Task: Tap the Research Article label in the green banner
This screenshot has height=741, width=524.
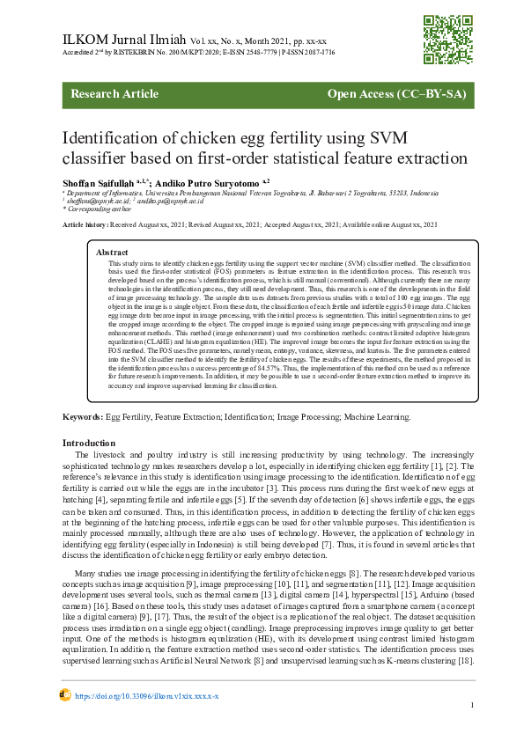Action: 114,94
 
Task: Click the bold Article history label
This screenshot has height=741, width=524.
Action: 85,225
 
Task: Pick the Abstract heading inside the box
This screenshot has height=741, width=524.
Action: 112,252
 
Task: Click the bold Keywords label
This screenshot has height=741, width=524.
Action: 83,415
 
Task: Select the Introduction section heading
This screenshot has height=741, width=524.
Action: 91,442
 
